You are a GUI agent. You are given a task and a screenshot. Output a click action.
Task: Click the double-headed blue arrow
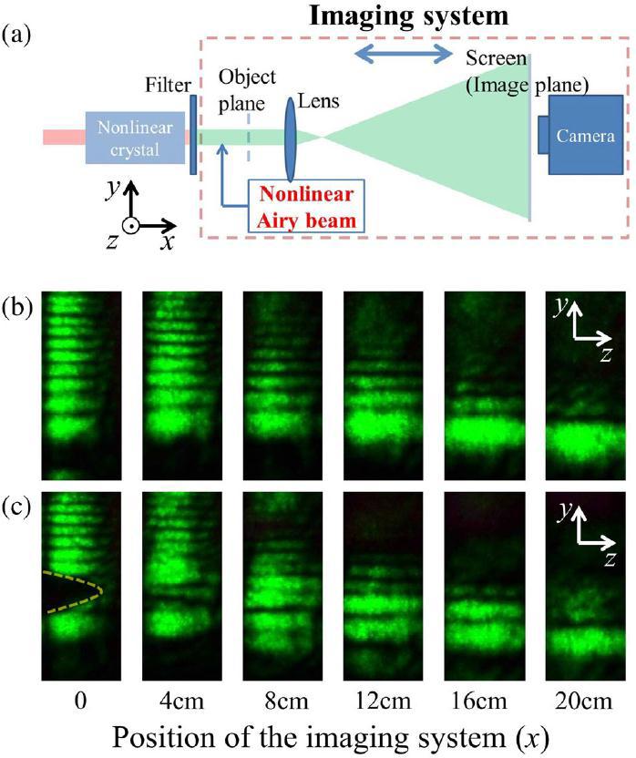404,56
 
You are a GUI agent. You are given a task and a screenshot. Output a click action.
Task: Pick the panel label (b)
18,305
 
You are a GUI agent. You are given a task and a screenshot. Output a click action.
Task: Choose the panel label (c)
18,504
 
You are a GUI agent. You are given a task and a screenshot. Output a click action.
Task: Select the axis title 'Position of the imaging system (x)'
316,737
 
